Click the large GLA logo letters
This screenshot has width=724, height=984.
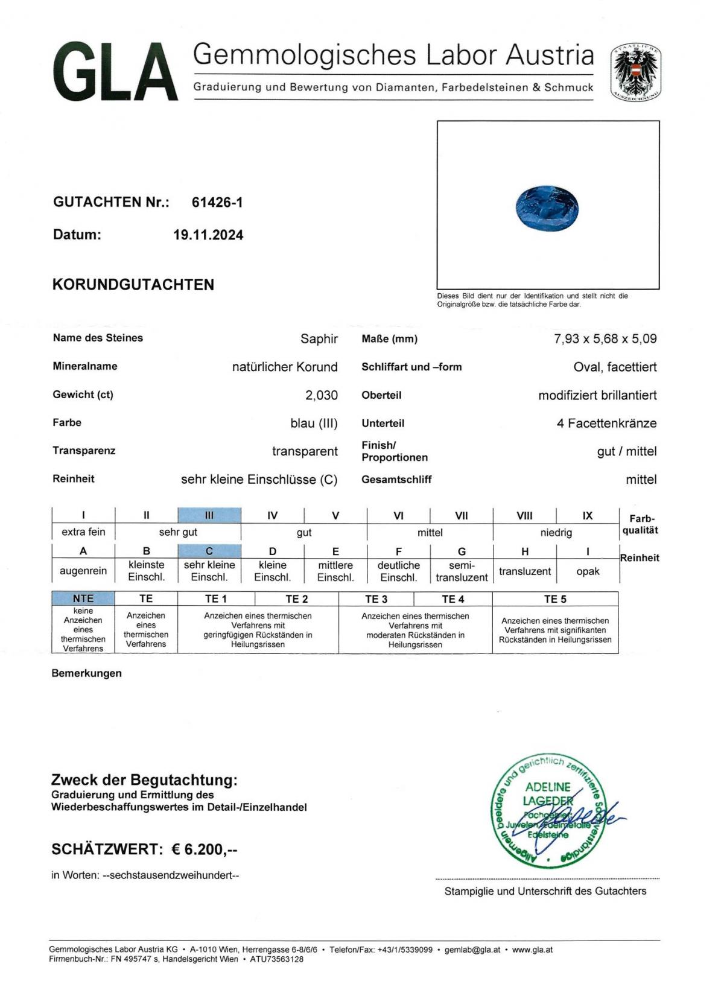pos(115,72)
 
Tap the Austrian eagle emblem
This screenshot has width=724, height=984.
pos(635,72)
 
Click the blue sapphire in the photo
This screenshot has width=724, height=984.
pos(547,208)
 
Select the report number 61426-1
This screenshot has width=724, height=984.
pos(217,203)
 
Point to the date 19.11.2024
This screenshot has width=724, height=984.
pos(208,235)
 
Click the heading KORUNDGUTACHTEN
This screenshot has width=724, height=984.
pos(133,285)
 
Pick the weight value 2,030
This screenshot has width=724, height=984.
pos(321,395)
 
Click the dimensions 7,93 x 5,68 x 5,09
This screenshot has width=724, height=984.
pos(605,338)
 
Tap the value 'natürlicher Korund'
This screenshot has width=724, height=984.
pos(285,367)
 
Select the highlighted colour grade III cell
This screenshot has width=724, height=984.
pos(209,515)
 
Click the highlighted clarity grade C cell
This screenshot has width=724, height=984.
pos(209,551)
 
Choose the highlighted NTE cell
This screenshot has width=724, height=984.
pos(83,598)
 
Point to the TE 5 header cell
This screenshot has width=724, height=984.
pos(555,599)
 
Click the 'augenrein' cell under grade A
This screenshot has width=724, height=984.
pos(83,571)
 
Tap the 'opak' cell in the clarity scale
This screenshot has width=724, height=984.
pos(588,571)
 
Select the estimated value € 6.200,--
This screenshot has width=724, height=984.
pos(205,849)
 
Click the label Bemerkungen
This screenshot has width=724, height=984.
pos(86,673)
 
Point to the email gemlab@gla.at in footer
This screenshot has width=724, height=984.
pos(472,950)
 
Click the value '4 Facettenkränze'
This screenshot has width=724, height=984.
pos(606,424)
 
